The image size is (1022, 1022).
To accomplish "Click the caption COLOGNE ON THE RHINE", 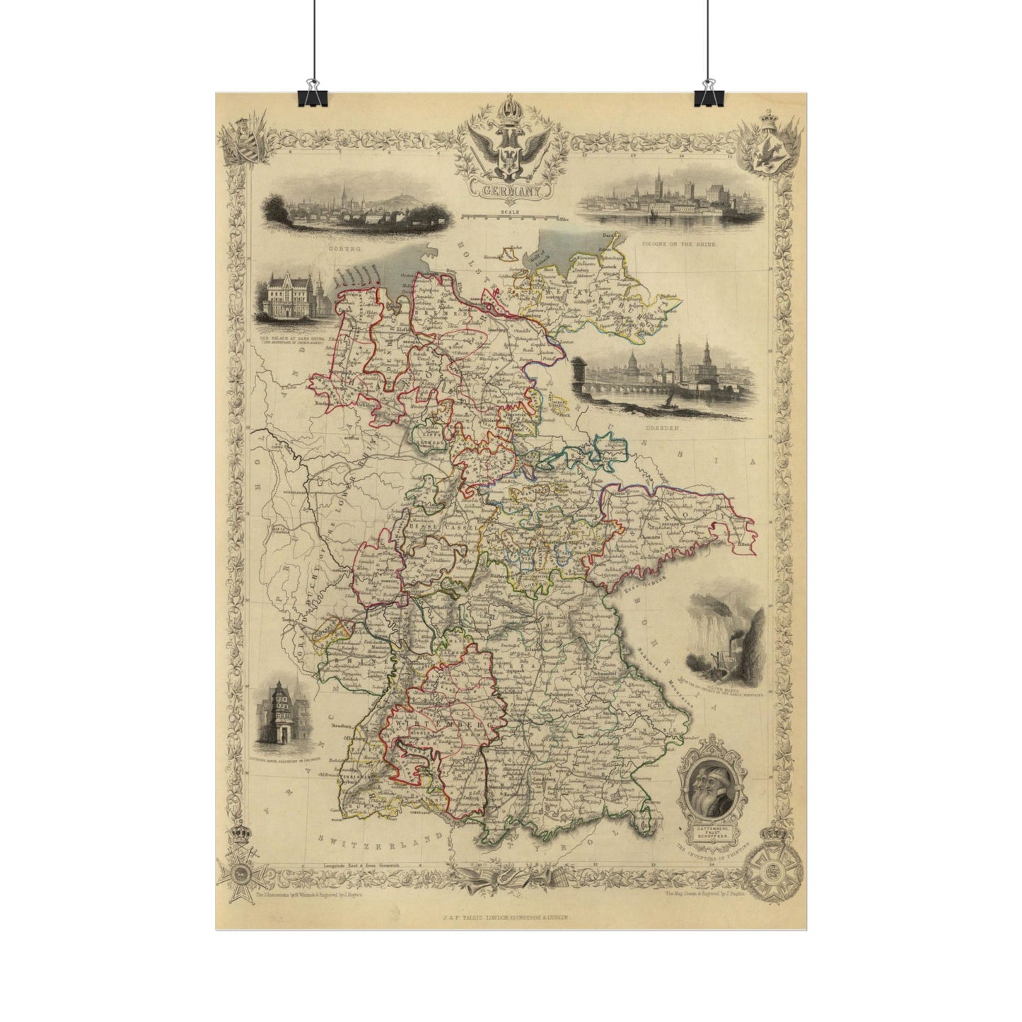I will [679, 243].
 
